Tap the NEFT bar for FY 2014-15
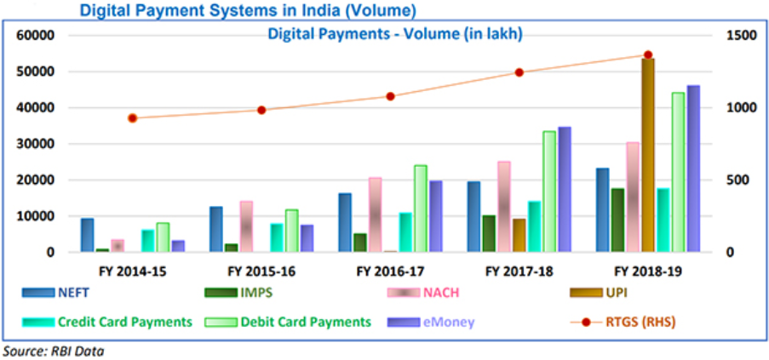pos(87,235)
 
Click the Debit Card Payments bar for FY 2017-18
pos(549,191)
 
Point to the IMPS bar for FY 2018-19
pos(618,220)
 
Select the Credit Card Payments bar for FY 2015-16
pos(277,237)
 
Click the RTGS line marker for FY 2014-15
pos(132,118)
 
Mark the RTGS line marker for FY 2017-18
pos(519,72)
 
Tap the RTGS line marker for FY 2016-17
pos(390,96)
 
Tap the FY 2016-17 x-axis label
pos(390,271)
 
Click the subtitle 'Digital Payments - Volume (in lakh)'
pos(394,35)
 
